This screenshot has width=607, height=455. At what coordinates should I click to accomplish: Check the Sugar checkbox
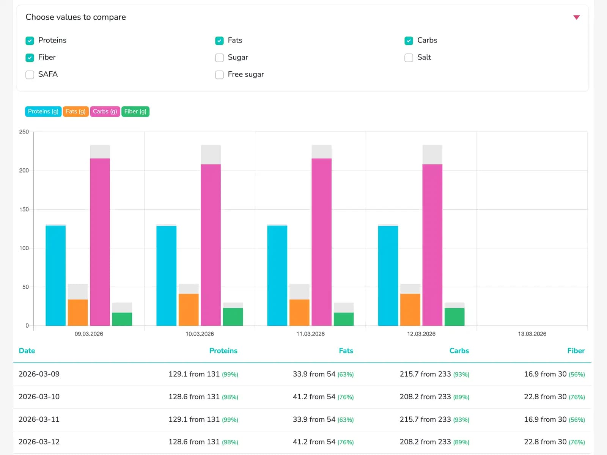click(219, 58)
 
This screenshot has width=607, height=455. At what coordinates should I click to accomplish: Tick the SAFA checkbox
click(30, 75)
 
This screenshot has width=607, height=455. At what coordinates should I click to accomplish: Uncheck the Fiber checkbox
click(30, 58)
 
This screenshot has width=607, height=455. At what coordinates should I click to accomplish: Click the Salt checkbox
click(409, 58)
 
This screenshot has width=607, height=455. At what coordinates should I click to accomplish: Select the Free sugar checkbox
click(219, 75)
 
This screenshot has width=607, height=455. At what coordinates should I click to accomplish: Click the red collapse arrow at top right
click(576, 17)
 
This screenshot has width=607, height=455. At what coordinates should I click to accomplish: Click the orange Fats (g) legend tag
click(75, 111)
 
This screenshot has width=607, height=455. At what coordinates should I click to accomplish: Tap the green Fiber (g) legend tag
click(135, 111)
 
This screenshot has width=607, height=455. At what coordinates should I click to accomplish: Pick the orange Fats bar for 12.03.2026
click(410, 309)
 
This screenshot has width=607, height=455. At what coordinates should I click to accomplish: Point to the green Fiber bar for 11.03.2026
click(344, 319)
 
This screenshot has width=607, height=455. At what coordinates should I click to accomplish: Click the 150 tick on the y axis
click(24, 209)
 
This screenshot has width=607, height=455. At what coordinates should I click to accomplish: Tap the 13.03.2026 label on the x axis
click(532, 334)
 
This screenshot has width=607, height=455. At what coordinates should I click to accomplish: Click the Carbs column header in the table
click(459, 351)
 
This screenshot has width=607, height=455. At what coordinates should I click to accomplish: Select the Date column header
click(27, 351)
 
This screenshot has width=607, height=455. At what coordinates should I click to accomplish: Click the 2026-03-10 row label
click(39, 397)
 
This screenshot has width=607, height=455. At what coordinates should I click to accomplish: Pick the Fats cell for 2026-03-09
click(323, 374)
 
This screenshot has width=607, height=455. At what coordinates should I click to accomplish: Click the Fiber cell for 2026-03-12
click(554, 442)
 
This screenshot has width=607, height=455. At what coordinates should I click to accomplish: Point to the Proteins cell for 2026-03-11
click(203, 419)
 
